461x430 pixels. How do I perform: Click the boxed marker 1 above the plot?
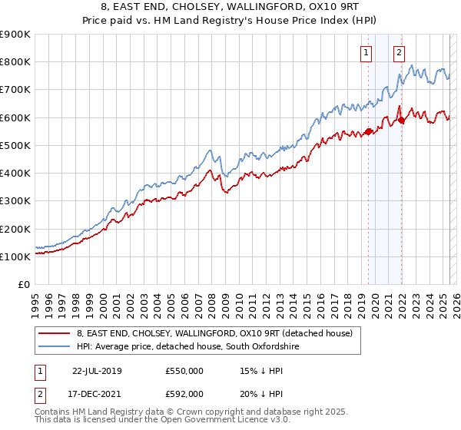[366, 53]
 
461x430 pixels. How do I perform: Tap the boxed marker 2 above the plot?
[400, 53]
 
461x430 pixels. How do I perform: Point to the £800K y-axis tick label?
[16, 61]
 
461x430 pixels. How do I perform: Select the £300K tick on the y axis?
[16, 201]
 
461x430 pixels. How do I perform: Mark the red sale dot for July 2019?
[368, 131]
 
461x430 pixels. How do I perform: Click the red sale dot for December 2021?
[401, 120]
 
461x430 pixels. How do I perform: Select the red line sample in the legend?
[55, 333]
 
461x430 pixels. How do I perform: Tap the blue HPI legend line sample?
[55, 347]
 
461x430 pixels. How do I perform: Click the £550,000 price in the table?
[184, 370]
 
